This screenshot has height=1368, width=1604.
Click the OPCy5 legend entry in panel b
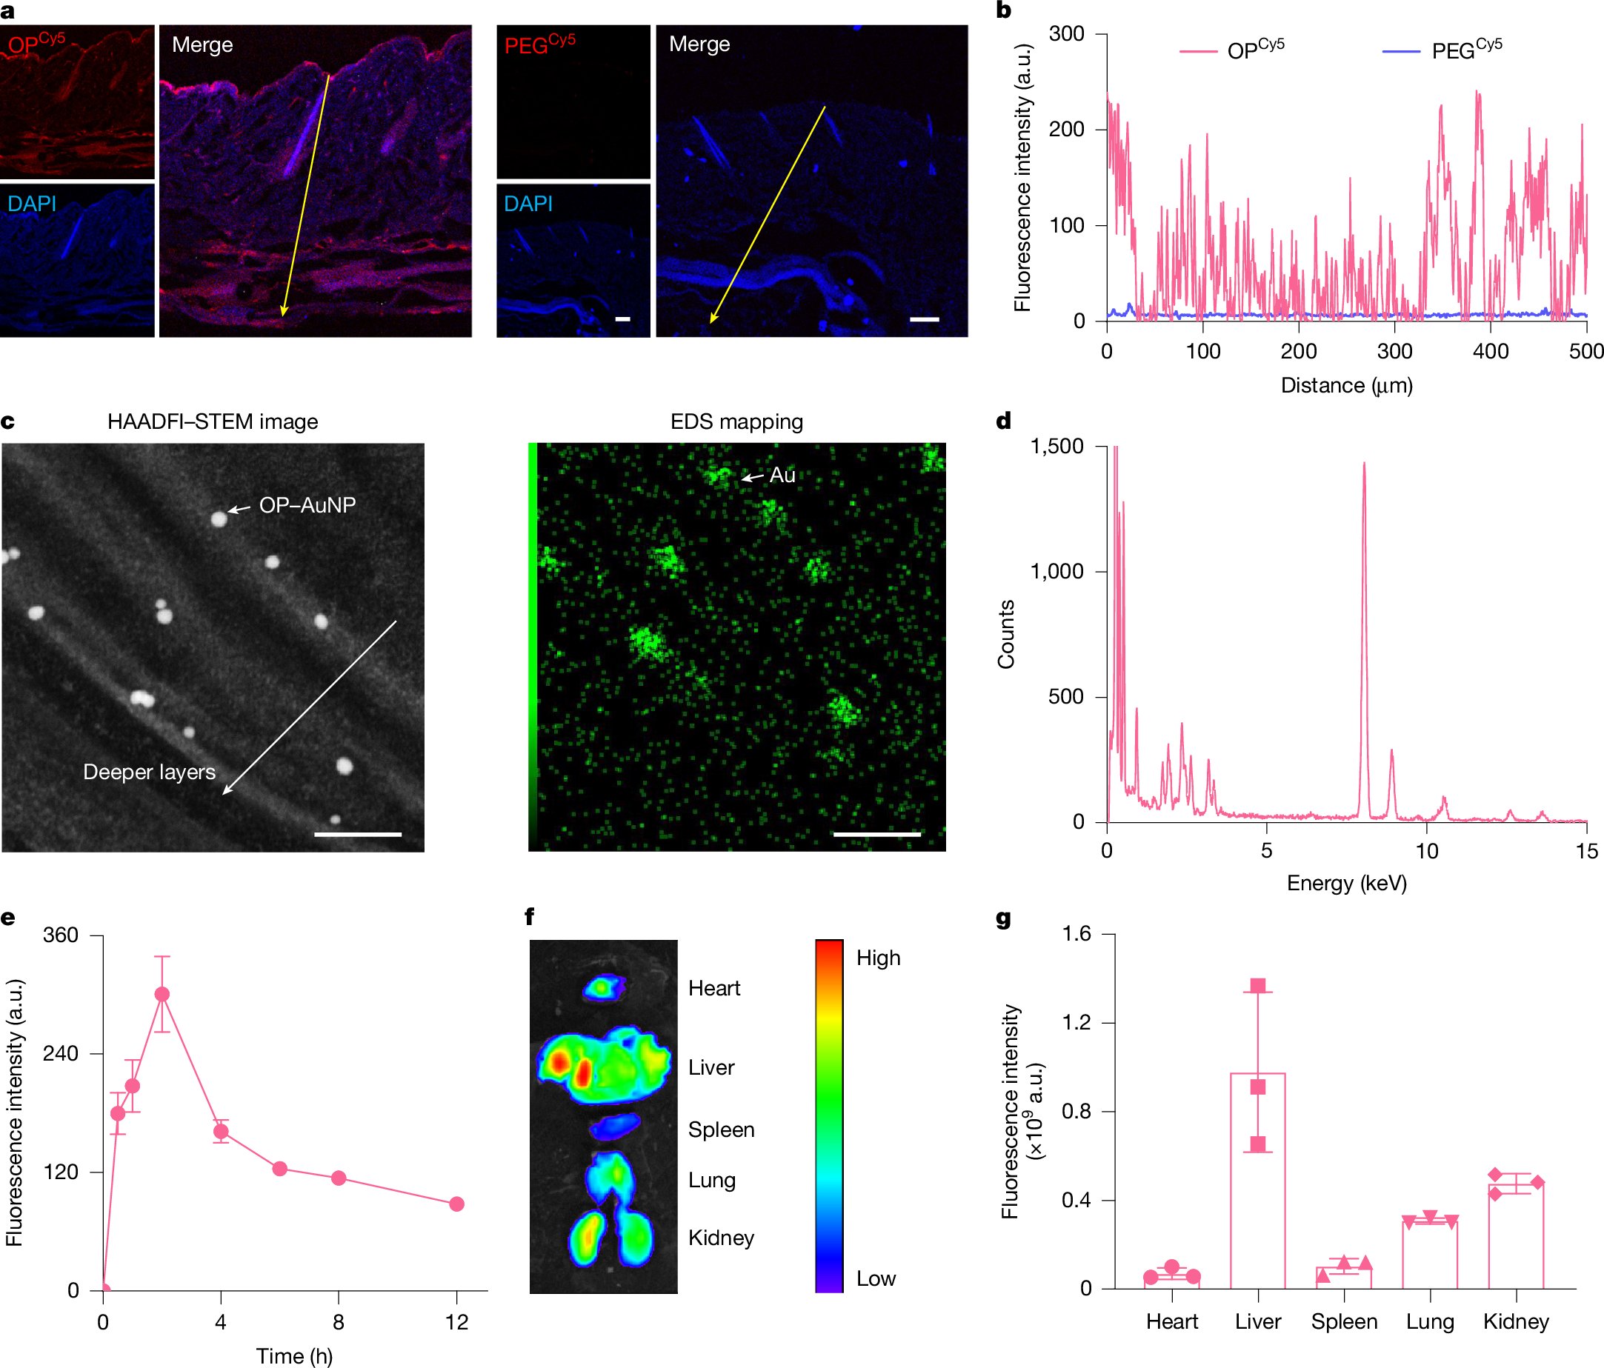1254,50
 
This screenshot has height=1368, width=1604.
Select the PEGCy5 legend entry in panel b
1465,50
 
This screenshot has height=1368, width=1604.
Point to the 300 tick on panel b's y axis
1067,34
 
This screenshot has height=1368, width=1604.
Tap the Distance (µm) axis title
1346,385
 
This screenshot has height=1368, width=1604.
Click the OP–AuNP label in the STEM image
307,505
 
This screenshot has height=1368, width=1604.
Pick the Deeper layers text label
150,773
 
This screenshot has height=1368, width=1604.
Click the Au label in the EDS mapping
782,475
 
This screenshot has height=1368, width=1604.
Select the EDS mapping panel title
736,421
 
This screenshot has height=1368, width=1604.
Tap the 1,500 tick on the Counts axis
1056,447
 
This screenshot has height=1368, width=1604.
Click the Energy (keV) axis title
1346,883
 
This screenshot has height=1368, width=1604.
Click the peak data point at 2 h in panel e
162,994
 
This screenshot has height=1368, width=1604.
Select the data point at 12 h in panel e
456,1204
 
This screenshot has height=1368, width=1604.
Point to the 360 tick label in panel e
61,935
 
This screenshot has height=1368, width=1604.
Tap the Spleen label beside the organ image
721,1130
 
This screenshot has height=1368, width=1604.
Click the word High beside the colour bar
878,958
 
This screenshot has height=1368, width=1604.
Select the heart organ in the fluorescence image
604,987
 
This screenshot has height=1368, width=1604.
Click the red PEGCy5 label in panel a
539,45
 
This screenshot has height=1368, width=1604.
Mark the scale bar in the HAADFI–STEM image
358,834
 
